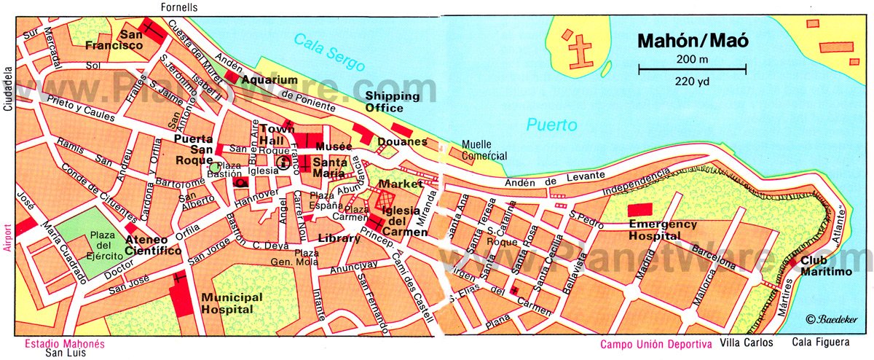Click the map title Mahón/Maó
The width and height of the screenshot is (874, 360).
(692, 41)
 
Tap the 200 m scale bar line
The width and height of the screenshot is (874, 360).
(692, 70)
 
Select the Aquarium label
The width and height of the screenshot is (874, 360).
(270, 79)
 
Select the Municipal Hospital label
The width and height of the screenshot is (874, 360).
(232, 303)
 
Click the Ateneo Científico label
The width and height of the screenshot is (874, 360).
(153, 245)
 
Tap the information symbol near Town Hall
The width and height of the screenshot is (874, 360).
(281, 162)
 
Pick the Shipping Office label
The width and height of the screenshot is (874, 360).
(392, 102)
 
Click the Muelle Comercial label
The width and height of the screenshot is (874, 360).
(484, 151)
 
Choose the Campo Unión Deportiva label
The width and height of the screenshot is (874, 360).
(655, 344)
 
